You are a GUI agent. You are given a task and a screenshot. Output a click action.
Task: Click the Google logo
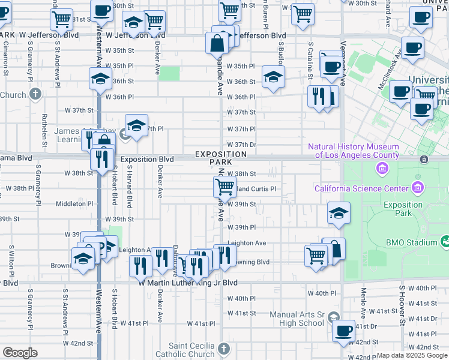[x=19, y=353]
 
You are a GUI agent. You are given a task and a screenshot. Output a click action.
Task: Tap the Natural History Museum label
[x=353, y=151]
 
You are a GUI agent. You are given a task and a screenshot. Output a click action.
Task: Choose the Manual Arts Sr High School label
[x=297, y=319]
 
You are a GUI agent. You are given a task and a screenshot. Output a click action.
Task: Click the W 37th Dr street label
[x=241, y=145]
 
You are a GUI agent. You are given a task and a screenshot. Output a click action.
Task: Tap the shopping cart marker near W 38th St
[x=224, y=186]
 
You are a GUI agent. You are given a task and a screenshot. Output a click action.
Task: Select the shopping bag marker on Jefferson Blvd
[x=216, y=43]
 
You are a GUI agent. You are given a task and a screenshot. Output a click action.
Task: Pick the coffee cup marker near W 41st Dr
[x=344, y=331]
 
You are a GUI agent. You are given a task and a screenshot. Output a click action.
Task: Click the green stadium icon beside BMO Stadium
[x=445, y=242]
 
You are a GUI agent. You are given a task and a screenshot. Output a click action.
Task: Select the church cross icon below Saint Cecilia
[x=223, y=349]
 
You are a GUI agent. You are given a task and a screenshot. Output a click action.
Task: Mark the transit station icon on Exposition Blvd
[x=424, y=159]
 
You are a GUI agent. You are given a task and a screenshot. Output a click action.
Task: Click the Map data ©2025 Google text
[x=412, y=355]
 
